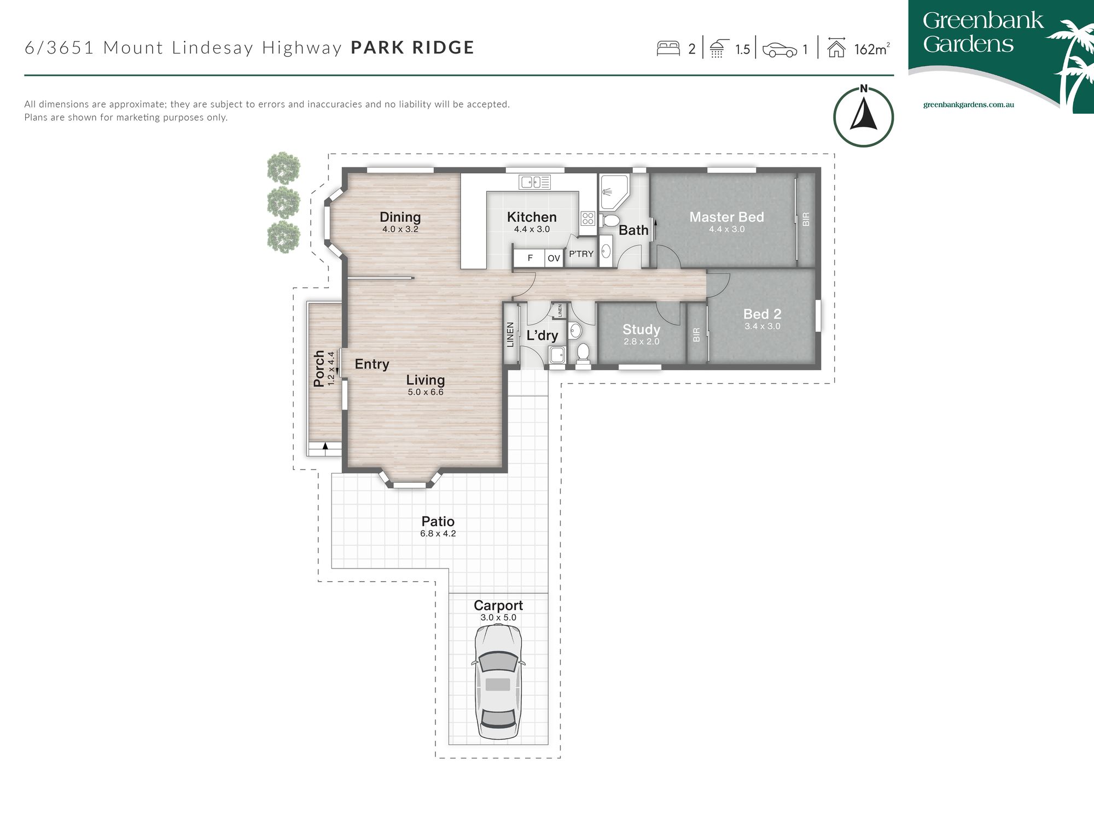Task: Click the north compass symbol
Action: coord(863,116)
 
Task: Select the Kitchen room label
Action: coord(532,217)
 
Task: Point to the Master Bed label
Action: coord(726,217)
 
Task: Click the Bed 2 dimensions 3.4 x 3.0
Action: coord(763,326)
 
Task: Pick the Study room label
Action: coord(641,330)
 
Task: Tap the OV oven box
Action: coord(554,258)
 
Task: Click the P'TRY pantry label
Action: coord(581,254)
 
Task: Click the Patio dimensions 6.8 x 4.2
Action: coord(438,534)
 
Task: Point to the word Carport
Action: coord(498,606)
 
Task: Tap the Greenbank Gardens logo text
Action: coord(983,32)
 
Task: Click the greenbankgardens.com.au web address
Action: coord(969,104)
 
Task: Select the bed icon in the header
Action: coord(668,48)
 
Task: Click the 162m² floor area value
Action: coord(872,49)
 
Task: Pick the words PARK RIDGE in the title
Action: coord(412,48)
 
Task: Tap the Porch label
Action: coord(319,369)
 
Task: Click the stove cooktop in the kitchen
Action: coord(588,219)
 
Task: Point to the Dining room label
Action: coord(400,218)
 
